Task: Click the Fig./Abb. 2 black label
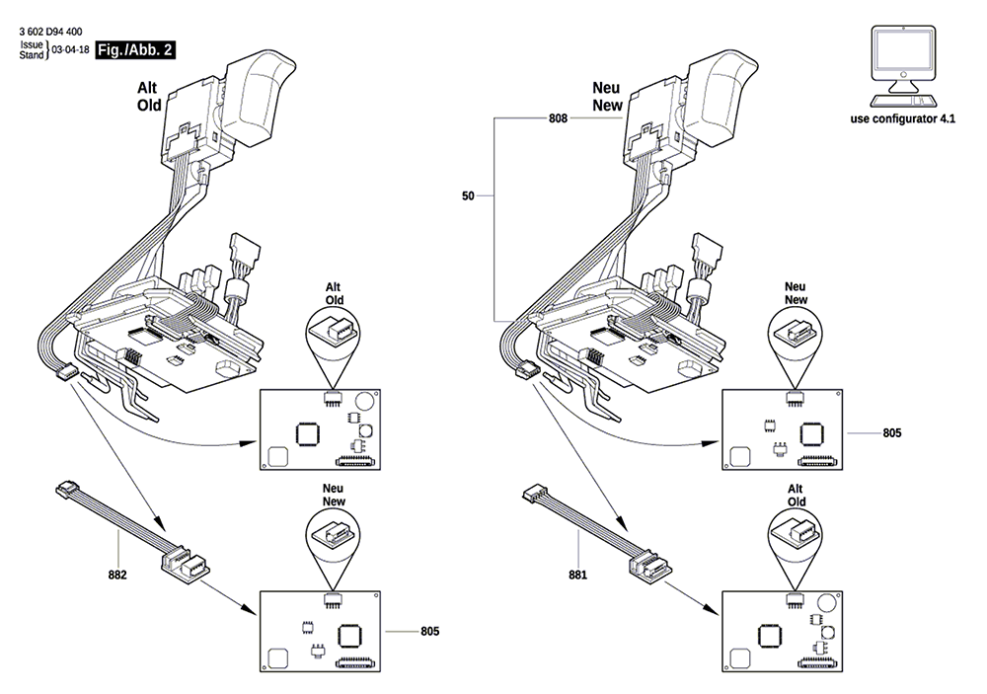[x=135, y=50]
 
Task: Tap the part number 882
[x=117, y=575]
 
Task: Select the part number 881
[x=577, y=575]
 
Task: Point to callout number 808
[x=558, y=118]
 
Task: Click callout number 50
[x=468, y=196]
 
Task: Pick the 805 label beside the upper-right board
[x=892, y=433]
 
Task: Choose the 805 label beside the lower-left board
[x=430, y=632]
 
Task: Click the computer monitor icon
[x=903, y=67]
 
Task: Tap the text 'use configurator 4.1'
[x=903, y=119]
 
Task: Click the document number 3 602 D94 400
[x=50, y=32]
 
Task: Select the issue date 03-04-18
[x=70, y=49]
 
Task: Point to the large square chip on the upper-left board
[x=307, y=434]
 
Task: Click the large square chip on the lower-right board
[x=770, y=636]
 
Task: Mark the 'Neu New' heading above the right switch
[x=607, y=97]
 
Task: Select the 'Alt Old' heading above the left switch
[x=149, y=97]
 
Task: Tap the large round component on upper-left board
[x=364, y=401]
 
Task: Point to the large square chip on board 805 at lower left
[x=349, y=634]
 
